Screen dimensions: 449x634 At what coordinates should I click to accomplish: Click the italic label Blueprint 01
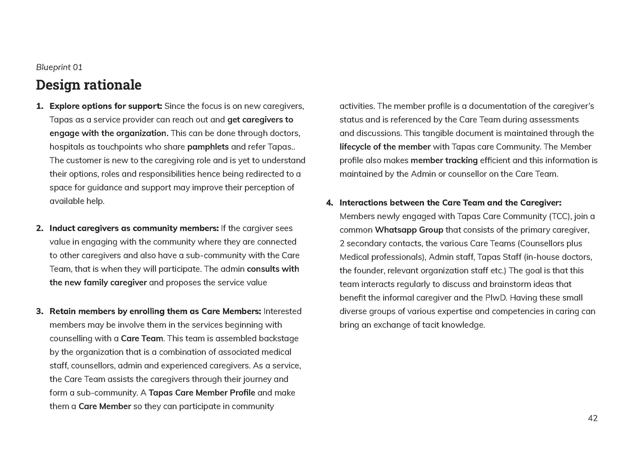(x=59, y=67)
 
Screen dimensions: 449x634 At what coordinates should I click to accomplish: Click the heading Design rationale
(x=88, y=85)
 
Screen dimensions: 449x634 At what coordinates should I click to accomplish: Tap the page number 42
(x=593, y=418)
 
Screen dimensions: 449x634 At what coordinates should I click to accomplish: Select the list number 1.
(x=39, y=106)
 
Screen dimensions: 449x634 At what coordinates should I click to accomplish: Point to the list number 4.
(x=329, y=203)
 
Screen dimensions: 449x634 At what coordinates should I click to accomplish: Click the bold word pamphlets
(x=208, y=147)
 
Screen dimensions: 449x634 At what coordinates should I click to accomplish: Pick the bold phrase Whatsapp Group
(x=409, y=230)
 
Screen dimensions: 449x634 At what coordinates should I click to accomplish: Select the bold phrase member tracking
(x=444, y=160)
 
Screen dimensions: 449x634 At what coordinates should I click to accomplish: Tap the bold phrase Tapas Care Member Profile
(x=202, y=393)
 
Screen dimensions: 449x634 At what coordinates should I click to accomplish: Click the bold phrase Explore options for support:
(x=106, y=106)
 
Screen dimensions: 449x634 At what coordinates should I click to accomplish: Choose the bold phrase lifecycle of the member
(x=385, y=147)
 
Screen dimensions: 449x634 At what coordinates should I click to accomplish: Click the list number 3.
(x=39, y=311)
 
